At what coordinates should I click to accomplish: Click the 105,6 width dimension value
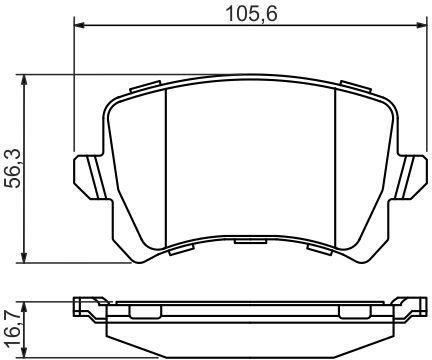251,14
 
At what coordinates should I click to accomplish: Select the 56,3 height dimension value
15,169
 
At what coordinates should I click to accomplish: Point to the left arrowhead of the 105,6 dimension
79,25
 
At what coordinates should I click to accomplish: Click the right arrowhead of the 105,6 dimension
422,25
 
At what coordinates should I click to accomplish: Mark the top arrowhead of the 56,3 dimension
24,80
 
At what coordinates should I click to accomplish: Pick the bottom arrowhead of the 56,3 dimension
24,257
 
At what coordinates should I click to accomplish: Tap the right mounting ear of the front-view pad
410,177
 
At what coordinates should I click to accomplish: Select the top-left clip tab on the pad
146,86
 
